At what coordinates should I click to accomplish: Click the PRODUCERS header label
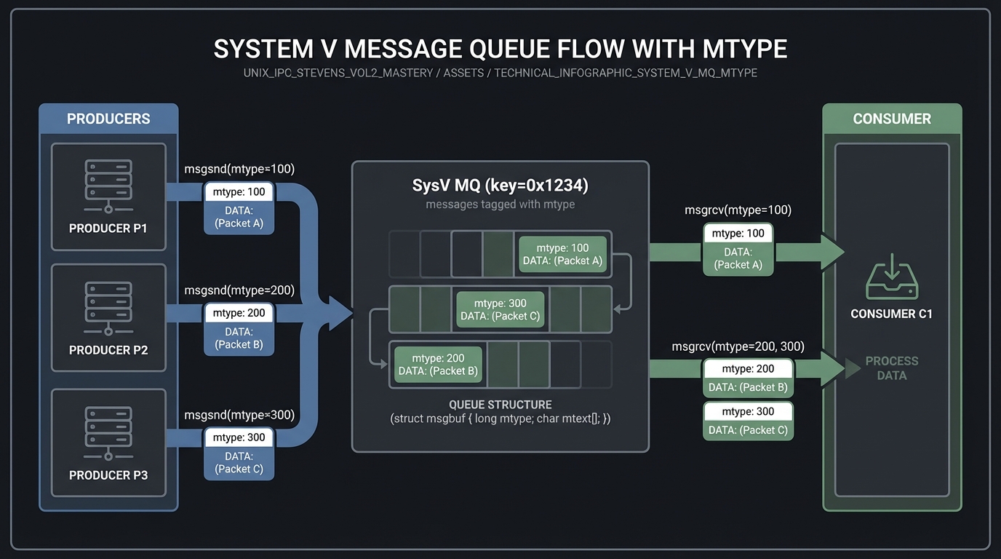[108, 119]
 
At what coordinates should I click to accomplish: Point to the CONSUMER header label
[892, 119]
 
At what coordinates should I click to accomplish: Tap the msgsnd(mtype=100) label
[239, 169]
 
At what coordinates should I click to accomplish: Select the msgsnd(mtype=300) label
[239, 415]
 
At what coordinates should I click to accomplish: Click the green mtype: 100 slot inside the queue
[562, 254]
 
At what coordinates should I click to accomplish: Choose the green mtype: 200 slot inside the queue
[439, 364]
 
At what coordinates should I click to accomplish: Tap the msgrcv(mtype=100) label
[738, 210]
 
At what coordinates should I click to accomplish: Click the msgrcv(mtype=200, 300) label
[738, 346]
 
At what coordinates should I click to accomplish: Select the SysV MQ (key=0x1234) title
[500, 185]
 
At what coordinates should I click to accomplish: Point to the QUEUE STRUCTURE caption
[500, 405]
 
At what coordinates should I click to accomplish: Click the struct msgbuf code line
[500, 419]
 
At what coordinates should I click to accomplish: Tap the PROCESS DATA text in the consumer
[891, 368]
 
